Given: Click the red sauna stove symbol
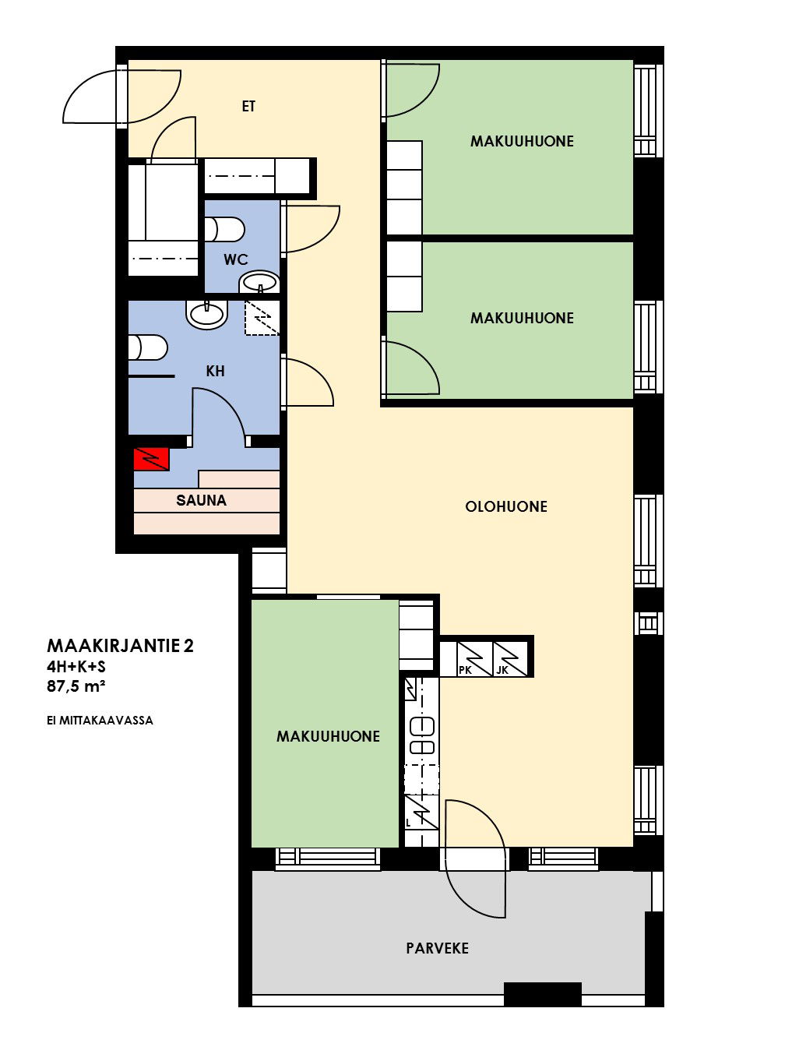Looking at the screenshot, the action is pos(152,459).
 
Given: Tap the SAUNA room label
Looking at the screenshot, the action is pos(201,500).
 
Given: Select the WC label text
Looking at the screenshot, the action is pos(236,259).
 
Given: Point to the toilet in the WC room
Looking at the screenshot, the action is pos(224,230).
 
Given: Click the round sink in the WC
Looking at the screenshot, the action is pos(259,282).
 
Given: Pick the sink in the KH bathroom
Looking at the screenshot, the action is pos(206,315).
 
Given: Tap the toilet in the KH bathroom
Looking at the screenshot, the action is pos(148,347).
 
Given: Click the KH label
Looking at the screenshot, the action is pos(215,371).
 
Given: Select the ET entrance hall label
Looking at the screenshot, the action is pos(248,106).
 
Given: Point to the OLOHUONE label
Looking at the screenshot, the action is pos(505,506).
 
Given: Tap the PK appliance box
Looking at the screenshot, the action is pos(474,659).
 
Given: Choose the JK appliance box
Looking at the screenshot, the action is pos(510,659).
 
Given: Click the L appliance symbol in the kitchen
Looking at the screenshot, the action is pos(421,812).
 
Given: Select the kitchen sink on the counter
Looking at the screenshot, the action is pos(422,735).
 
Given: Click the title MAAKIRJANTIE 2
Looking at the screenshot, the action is pos(120,646).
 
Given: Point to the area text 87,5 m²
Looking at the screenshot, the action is pos(76,686).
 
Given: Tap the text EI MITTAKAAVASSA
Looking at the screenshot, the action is pos(100,721).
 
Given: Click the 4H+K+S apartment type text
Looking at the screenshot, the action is pos(76,666).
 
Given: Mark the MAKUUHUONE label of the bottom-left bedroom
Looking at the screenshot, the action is pos(328,736).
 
